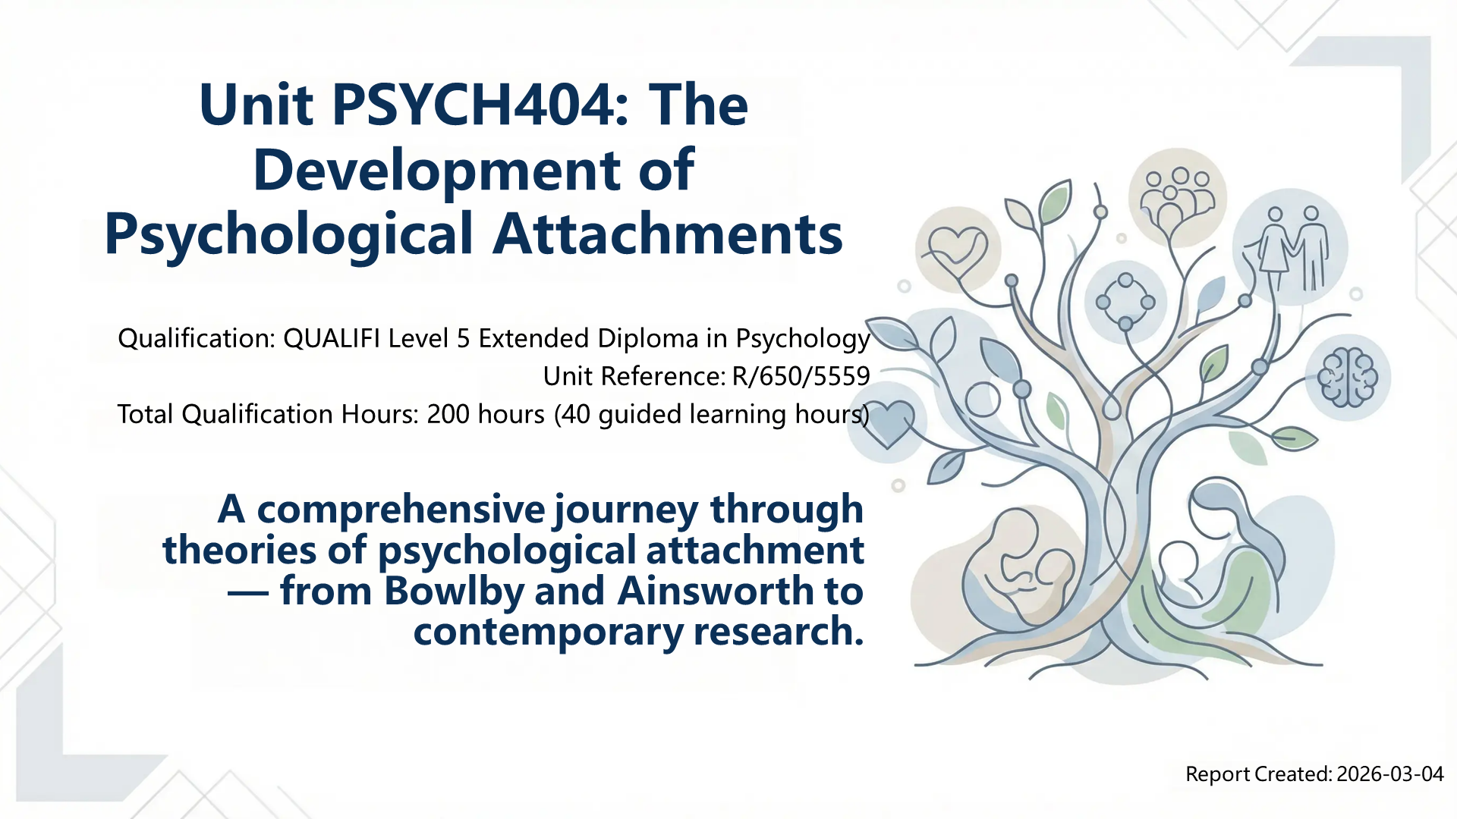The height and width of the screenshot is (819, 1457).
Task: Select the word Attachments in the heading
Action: click(x=668, y=234)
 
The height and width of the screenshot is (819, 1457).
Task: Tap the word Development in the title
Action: click(x=437, y=170)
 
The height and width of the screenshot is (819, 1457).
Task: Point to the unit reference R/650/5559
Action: click(x=801, y=376)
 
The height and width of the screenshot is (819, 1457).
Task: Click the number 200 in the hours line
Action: click(x=448, y=414)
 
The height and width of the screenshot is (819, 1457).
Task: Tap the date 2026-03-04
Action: click(x=1390, y=774)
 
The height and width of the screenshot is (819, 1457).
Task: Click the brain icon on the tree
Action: click(x=1347, y=377)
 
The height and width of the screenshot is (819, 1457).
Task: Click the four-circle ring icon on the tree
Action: click(x=1125, y=301)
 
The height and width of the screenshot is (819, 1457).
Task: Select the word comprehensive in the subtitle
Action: click(x=401, y=510)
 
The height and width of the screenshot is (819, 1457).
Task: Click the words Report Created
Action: click(x=1258, y=774)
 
